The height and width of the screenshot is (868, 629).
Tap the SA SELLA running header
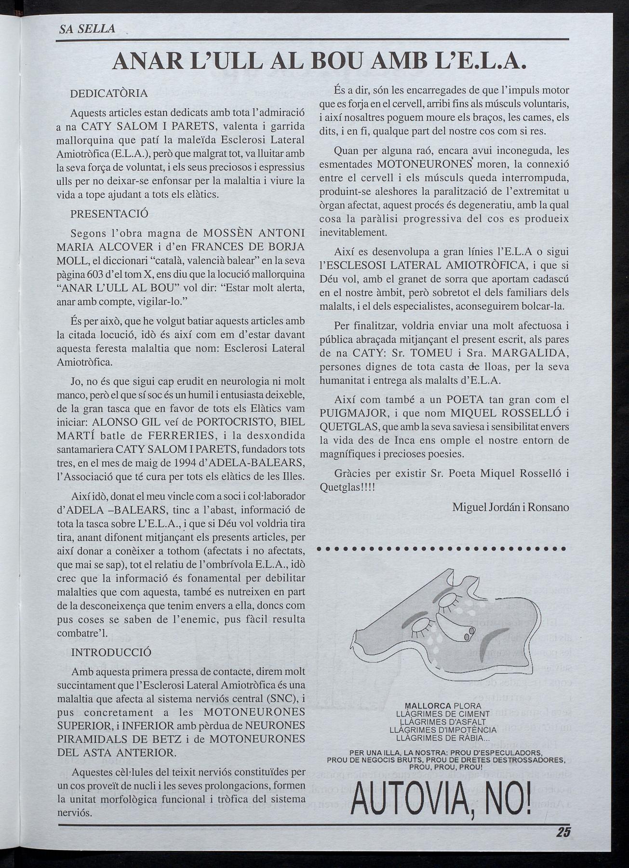87,29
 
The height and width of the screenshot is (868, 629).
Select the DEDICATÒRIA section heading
109,94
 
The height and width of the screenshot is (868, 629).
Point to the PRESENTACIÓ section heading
109,213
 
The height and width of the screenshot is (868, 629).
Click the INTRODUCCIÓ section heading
111,652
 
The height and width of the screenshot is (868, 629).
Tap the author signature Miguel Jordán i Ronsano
511,507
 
